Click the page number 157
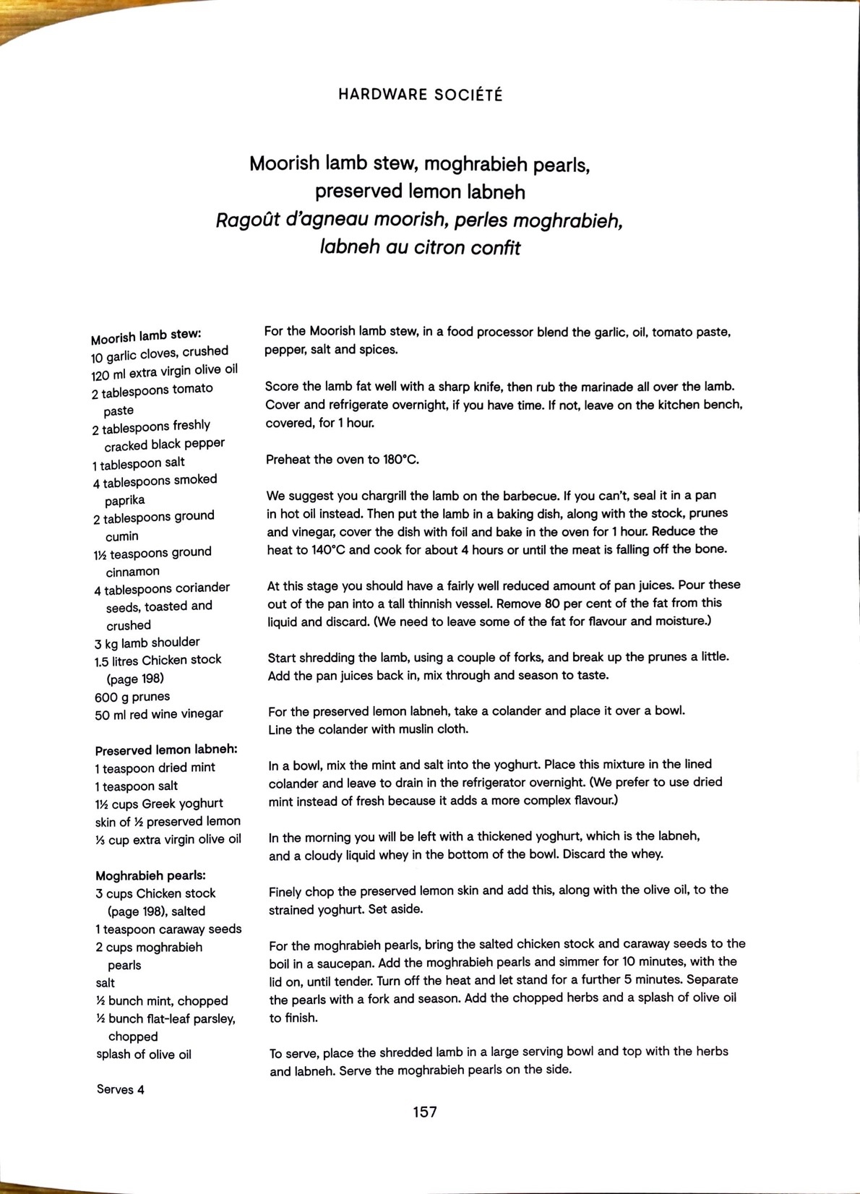[x=425, y=1112]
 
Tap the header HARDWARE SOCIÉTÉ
[x=421, y=95]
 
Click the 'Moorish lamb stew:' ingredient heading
[x=146, y=336]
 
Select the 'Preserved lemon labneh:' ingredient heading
[x=166, y=750]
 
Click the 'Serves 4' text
[x=121, y=1089]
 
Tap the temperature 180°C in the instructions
[x=400, y=460]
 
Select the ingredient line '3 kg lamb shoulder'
[x=147, y=643]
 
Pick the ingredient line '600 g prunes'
[x=132, y=697]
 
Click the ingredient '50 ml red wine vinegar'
[x=158, y=714]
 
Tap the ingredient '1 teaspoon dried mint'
[x=155, y=768]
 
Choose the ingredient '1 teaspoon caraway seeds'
[x=168, y=929]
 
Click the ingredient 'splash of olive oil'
[x=144, y=1055]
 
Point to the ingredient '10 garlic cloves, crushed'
[x=160, y=353]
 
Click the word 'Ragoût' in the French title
[x=247, y=220]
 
